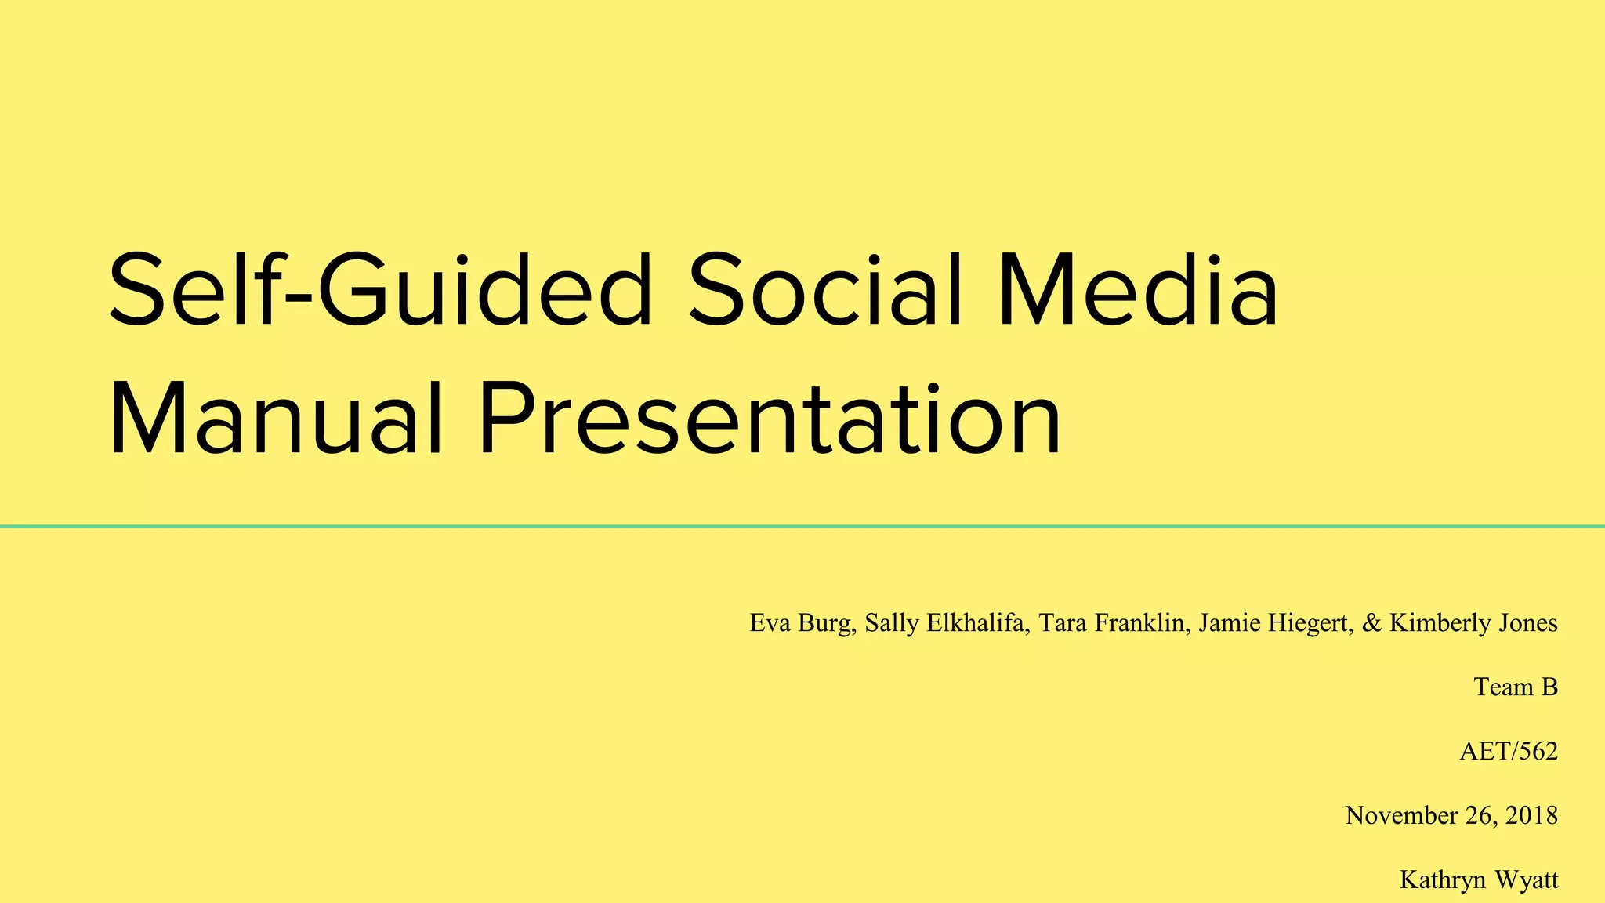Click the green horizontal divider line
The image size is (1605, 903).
[x=802, y=526]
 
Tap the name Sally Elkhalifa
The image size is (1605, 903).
[x=946, y=623]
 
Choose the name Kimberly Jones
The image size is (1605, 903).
[x=1473, y=623]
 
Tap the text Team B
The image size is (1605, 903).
[x=1516, y=687]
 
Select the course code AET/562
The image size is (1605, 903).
[x=1509, y=752]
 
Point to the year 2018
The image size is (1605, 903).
[x=1531, y=816]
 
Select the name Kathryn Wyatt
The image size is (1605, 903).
[x=1479, y=880]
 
